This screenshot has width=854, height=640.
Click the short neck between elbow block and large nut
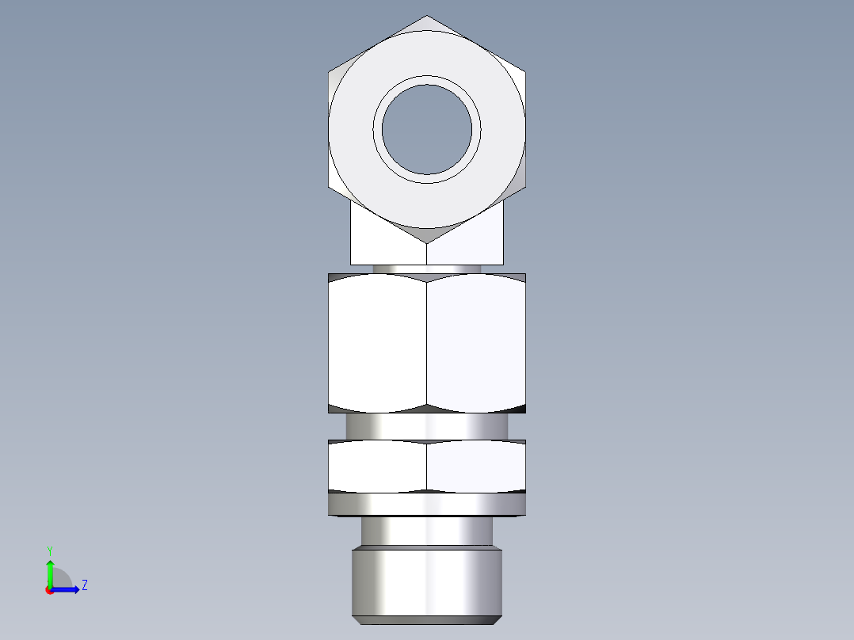pos(427,269)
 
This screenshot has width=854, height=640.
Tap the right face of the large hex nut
pos(475,342)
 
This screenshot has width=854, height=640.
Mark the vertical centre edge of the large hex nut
pos(427,342)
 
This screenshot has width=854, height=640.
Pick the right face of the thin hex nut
pos(475,466)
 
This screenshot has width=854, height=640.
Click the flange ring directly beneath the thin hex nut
pos(427,504)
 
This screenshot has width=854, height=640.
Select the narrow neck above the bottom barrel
pos(427,531)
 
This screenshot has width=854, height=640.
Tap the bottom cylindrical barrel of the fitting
pos(427,582)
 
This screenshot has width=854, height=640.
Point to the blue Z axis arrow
pos(68,589)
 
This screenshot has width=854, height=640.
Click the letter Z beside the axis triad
pos(84,585)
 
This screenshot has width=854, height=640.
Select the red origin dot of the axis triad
pos(49,590)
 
